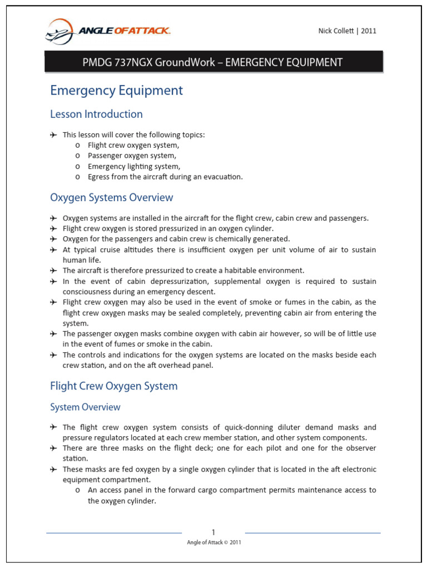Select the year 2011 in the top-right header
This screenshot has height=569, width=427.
pyautogui.click(x=369, y=31)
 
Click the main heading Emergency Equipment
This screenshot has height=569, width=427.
pyautogui.click(x=116, y=90)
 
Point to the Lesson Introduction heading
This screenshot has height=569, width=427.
pyautogui.click(x=96, y=114)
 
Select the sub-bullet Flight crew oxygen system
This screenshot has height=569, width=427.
pyautogui.click(x=133, y=145)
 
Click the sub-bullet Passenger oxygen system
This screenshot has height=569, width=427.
pyautogui.click(x=132, y=156)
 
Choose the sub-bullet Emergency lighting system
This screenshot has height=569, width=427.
pyautogui.click(x=134, y=166)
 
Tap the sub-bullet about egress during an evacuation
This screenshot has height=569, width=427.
pyautogui.click(x=165, y=177)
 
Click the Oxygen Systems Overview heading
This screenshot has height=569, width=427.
pyautogui.click(x=111, y=198)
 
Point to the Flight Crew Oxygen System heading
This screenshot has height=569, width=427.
pyautogui.click(x=113, y=386)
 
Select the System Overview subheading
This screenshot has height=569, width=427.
pyautogui.click(x=85, y=407)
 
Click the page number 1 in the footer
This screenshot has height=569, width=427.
pyautogui.click(x=213, y=532)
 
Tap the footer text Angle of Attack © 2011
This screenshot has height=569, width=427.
pyautogui.click(x=213, y=542)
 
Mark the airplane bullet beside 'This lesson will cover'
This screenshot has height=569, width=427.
pyautogui.click(x=53, y=135)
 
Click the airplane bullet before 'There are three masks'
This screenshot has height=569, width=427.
pyautogui.click(x=53, y=448)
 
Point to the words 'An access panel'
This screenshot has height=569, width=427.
pyautogui.click(x=111, y=490)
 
